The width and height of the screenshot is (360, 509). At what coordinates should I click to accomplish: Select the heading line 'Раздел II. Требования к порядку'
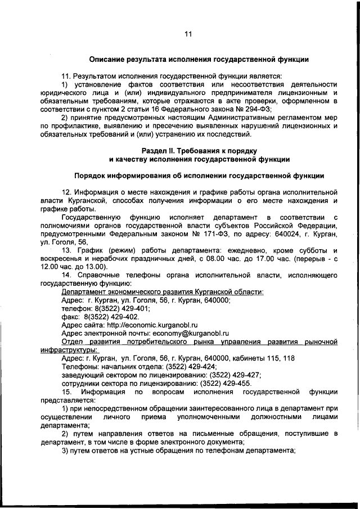(x=199, y=151)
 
